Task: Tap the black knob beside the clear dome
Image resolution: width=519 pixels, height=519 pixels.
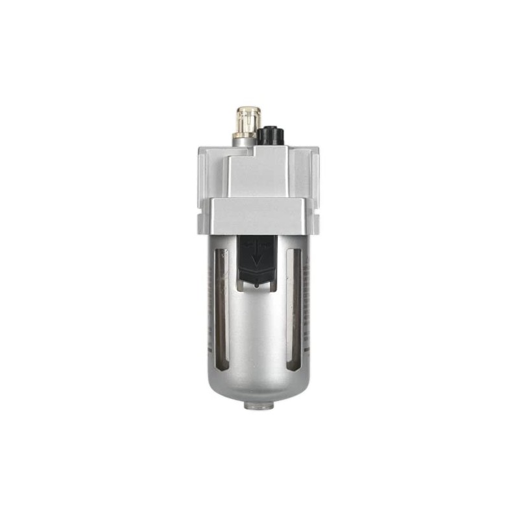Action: pos(267,136)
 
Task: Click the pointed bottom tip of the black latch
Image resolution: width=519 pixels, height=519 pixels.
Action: pos(257,283)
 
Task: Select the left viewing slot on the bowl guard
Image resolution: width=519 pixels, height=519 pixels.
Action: pos(221,305)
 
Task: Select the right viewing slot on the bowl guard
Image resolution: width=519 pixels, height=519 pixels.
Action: pos(294,305)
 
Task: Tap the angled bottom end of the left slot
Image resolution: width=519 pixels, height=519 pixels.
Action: pos(221,366)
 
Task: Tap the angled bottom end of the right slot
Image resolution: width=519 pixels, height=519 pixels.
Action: pos(293,366)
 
